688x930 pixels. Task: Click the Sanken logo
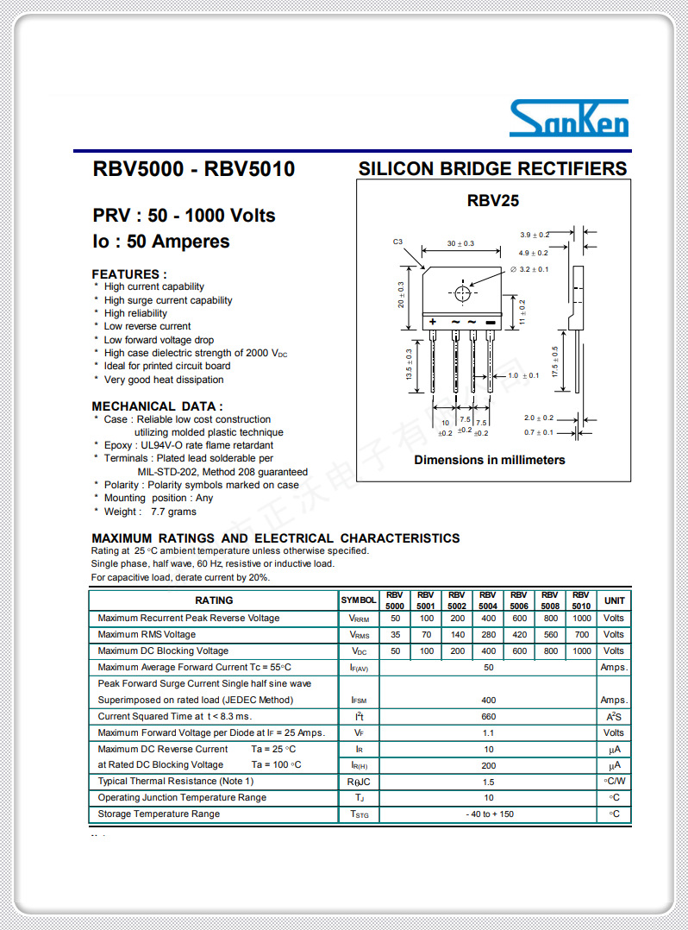click(x=568, y=119)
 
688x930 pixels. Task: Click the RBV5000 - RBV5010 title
click(x=193, y=169)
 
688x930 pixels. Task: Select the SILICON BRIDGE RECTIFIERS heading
click(x=492, y=169)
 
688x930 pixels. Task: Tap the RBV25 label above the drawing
click(x=493, y=201)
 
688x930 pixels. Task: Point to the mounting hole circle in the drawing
click(x=463, y=293)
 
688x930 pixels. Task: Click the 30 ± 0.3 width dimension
click(x=460, y=244)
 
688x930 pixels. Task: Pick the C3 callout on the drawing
click(x=398, y=242)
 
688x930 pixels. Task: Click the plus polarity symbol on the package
click(x=433, y=322)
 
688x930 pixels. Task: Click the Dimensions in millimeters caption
click(x=490, y=460)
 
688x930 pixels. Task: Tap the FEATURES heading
click(x=129, y=274)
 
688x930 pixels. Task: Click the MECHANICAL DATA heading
click(x=157, y=406)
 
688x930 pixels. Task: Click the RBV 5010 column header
click(x=581, y=600)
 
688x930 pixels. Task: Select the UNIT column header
click(x=614, y=600)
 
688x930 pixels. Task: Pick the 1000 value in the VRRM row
click(x=582, y=619)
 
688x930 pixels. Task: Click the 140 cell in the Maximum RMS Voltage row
click(x=457, y=635)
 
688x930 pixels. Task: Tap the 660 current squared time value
click(x=489, y=717)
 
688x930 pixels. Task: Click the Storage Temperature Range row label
click(x=159, y=814)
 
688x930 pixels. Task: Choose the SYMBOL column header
click(x=359, y=600)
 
